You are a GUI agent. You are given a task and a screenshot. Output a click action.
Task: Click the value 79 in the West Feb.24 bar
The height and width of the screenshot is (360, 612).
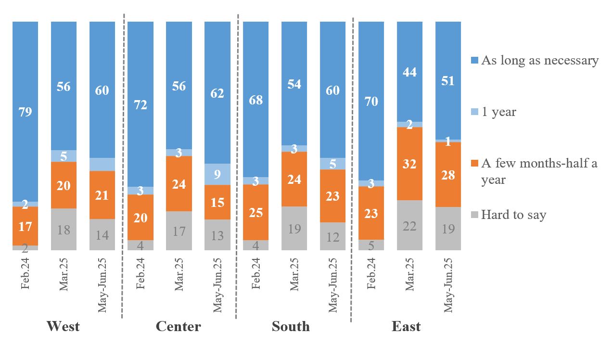(25, 112)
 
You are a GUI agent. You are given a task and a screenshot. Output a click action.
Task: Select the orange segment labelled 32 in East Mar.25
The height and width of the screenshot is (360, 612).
(409, 164)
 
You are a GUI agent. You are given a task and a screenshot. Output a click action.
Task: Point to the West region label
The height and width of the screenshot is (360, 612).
(63, 326)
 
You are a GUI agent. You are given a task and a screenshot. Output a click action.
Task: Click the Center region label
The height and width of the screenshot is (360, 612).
(178, 326)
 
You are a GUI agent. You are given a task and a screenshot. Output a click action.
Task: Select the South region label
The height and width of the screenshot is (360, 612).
(291, 326)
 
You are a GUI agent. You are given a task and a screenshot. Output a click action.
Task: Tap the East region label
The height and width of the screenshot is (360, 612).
(406, 326)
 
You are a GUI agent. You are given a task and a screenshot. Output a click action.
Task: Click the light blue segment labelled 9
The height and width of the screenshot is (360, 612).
(217, 174)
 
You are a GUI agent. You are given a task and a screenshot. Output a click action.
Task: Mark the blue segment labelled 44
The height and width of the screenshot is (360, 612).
(409, 72)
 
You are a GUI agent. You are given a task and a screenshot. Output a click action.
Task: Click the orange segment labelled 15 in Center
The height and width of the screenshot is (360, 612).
(217, 202)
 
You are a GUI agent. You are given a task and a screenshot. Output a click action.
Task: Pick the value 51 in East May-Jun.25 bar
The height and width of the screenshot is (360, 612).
(448, 80)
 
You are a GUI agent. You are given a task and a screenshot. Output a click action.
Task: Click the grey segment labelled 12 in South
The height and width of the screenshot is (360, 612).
(332, 236)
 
